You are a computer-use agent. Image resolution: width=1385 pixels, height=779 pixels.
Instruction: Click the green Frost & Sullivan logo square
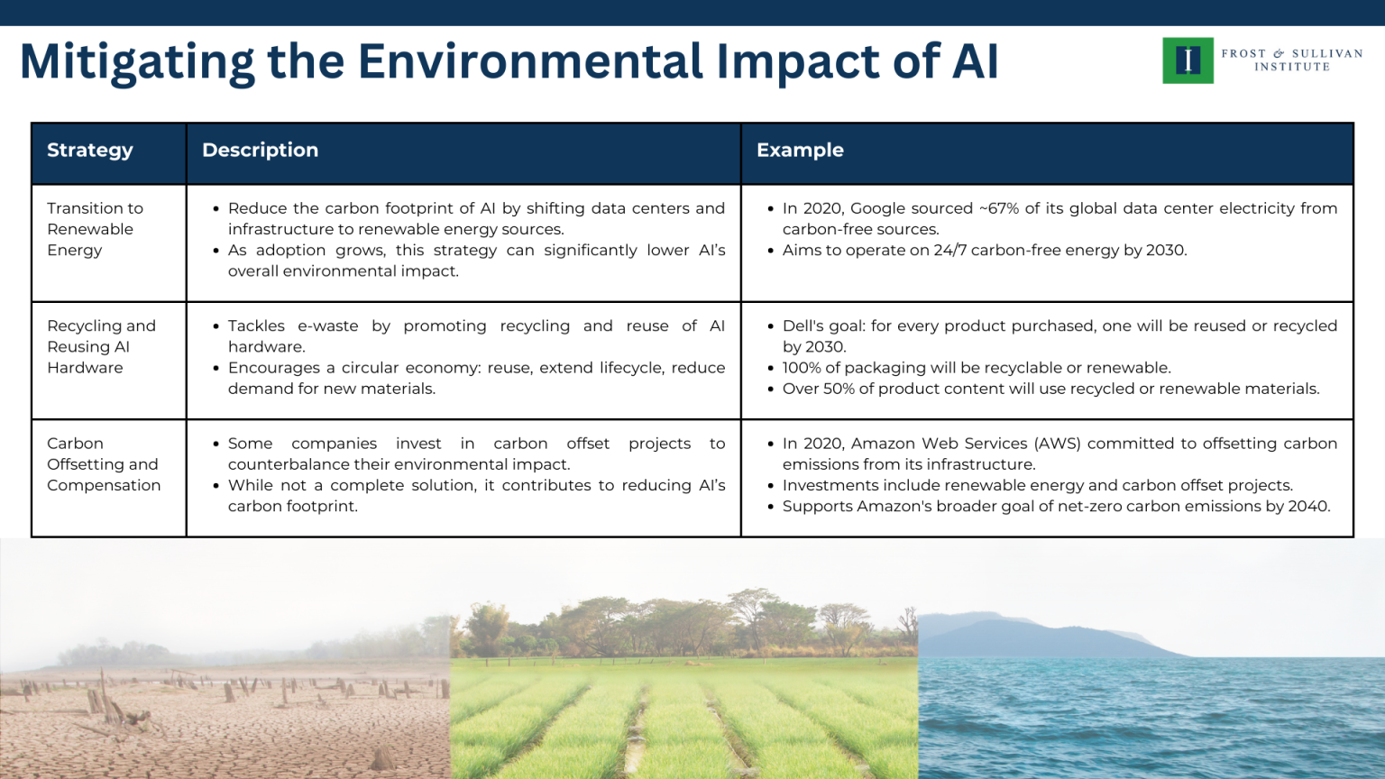click(1188, 60)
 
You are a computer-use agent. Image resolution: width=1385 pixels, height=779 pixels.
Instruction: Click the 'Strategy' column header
click(90, 151)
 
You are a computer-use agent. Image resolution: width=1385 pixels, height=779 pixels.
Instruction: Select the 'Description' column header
click(260, 151)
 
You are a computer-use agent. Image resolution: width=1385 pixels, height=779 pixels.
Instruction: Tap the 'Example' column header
click(800, 151)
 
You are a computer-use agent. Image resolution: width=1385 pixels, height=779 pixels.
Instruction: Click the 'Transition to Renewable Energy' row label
click(95, 229)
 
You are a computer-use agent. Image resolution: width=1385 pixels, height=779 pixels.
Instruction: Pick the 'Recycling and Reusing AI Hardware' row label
click(101, 346)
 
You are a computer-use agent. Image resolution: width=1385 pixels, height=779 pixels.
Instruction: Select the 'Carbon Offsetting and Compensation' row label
click(104, 464)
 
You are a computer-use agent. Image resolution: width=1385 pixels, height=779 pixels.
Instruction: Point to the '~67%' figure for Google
click(999, 208)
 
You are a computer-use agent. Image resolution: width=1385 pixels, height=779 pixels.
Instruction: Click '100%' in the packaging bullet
click(803, 368)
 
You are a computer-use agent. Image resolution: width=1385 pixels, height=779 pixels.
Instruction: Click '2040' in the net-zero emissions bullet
click(1307, 507)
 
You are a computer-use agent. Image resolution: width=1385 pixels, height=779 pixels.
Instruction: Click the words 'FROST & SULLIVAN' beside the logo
click(1292, 53)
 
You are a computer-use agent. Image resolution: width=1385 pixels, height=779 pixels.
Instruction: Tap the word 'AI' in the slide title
click(975, 61)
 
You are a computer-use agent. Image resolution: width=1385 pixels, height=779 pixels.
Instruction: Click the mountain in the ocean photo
click(1019, 636)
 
